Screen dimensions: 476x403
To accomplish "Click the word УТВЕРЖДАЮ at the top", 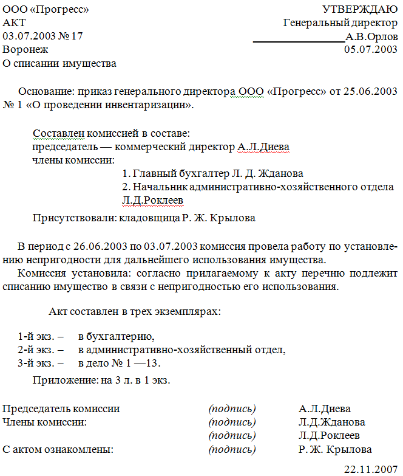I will point(360,9).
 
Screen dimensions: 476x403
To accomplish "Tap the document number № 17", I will point(69,36).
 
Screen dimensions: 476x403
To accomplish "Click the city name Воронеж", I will point(25,49).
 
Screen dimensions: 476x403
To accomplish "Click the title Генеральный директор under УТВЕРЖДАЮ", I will point(340,22).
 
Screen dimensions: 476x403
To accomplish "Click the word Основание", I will point(46,91).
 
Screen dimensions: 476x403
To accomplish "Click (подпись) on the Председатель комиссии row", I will point(232,409).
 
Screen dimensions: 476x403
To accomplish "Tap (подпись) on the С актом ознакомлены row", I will point(232,449).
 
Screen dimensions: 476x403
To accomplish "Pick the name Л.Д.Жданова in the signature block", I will point(331,422).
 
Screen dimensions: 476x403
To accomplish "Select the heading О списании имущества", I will point(59,63).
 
